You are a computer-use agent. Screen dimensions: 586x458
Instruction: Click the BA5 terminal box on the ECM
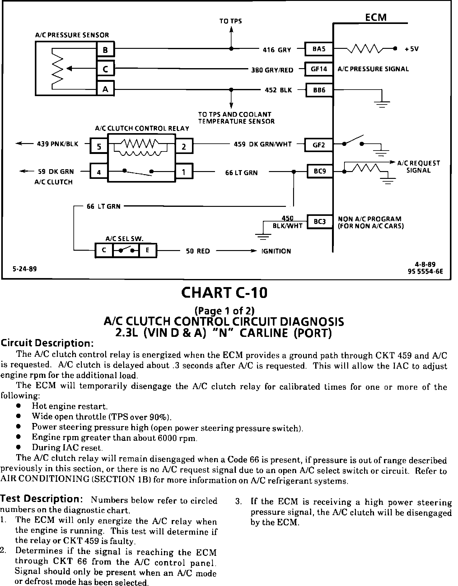click(x=319, y=49)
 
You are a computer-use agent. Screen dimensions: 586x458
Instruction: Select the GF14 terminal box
click(x=319, y=69)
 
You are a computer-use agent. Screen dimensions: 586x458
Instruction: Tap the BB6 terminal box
click(x=319, y=90)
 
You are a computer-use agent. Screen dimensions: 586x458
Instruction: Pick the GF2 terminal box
click(x=319, y=145)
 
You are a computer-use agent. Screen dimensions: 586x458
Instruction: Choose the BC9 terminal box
click(x=320, y=171)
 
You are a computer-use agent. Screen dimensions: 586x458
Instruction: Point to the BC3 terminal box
click(x=320, y=221)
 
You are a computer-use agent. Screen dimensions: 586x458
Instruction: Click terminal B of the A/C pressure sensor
click(x=105, y=50)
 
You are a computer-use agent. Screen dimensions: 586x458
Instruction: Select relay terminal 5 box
click(x=99, y=146)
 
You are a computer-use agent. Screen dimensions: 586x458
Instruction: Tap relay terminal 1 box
click(x=184, y=172)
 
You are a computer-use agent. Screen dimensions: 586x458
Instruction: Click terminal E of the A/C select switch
click(x=147, y=250)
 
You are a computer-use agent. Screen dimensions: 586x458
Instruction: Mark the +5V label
click(x=411, y=49)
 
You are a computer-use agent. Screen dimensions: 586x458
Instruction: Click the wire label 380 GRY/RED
click(x=272, y=70)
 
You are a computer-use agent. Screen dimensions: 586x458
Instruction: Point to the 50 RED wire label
click(x=198, y=251)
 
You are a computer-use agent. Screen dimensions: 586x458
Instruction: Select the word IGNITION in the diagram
click(x=276, y=251)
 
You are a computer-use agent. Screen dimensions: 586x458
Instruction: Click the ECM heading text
click(x=376, y=17)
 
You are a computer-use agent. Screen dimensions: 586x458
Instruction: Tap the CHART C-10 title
click(x=224, y=293)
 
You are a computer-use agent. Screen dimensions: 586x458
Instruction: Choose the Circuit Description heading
click(x=47, y=343)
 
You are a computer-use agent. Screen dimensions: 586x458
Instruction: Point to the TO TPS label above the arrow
click(x=231, y=21)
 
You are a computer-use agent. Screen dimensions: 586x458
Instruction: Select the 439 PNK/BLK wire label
click(x=58, y=144)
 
